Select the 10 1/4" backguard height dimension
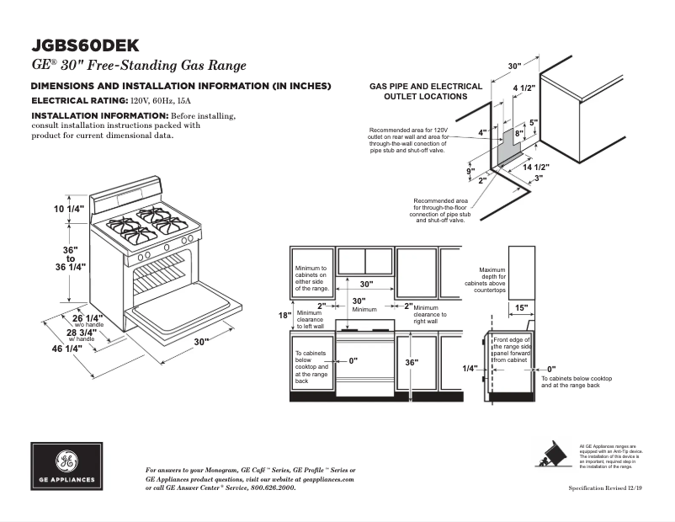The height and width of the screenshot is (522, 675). (47, 209)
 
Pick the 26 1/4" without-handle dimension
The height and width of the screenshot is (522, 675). (88, 318)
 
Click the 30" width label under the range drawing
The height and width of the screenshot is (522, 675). (201, 342)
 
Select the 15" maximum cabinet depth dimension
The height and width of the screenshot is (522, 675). (521, 308)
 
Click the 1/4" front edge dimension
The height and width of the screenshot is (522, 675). (470, 368)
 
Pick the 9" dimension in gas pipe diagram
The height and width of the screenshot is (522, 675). (470, 171)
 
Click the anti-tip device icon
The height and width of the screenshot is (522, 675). (553, 455)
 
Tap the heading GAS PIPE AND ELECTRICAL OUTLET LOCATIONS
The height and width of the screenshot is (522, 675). (426, 91)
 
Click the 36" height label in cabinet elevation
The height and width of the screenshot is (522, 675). (412, 362)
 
